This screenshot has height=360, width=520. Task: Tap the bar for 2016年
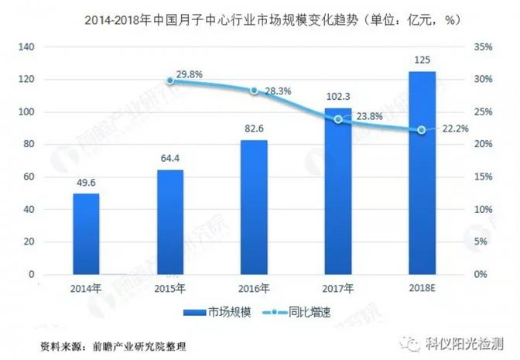tap(254, 207)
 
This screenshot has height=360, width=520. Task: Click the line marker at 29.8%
tap(170, 81)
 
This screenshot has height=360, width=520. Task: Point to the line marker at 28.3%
tap(254, 91)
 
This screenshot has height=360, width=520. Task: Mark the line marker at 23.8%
tap(338, 119)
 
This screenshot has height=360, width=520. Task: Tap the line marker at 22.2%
tap(422, 130)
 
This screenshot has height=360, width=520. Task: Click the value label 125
tap(422, 60)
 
